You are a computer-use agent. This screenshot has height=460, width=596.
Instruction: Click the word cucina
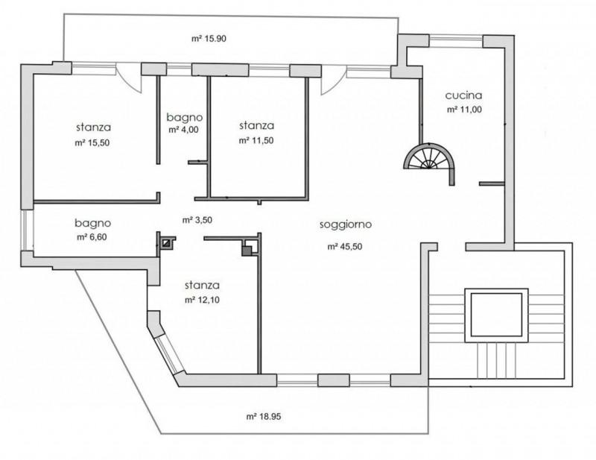pos(463,95)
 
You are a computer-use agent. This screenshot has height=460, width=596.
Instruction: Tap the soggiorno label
pos(346,225)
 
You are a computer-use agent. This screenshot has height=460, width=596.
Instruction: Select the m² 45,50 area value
pos(345,247)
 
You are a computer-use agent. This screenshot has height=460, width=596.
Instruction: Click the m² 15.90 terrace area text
pos(209,39)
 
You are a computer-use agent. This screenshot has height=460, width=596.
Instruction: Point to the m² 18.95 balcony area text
pos(264,417)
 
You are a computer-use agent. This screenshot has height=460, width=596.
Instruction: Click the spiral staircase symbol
pos(430,156)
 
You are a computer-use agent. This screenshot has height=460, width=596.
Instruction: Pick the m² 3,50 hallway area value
pos(197,220)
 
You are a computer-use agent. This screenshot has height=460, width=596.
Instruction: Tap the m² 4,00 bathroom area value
pos(183,130)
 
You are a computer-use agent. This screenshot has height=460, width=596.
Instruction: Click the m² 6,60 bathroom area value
pos(92,237)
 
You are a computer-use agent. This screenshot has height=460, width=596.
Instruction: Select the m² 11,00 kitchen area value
pos(464,110)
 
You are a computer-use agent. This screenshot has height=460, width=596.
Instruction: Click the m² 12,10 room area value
pos(202,300)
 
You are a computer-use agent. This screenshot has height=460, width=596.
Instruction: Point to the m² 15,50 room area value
pos(92,143)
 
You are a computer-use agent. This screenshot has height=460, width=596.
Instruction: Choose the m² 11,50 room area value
pos(256,140)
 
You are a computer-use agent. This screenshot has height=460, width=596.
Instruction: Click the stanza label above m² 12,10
pos(202,286)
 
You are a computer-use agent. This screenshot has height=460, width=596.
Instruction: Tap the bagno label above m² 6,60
pos(92,223)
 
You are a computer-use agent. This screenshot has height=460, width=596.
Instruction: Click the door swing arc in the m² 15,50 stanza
pos(129,78)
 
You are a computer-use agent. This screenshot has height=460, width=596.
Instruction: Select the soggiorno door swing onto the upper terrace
pos(333,81)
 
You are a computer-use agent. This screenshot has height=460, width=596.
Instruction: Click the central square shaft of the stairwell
pos(496,315)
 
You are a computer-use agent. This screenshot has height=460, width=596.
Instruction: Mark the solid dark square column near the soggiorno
pos(247,251)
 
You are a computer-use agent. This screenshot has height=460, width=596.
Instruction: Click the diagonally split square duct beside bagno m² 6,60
pos(166,243)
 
